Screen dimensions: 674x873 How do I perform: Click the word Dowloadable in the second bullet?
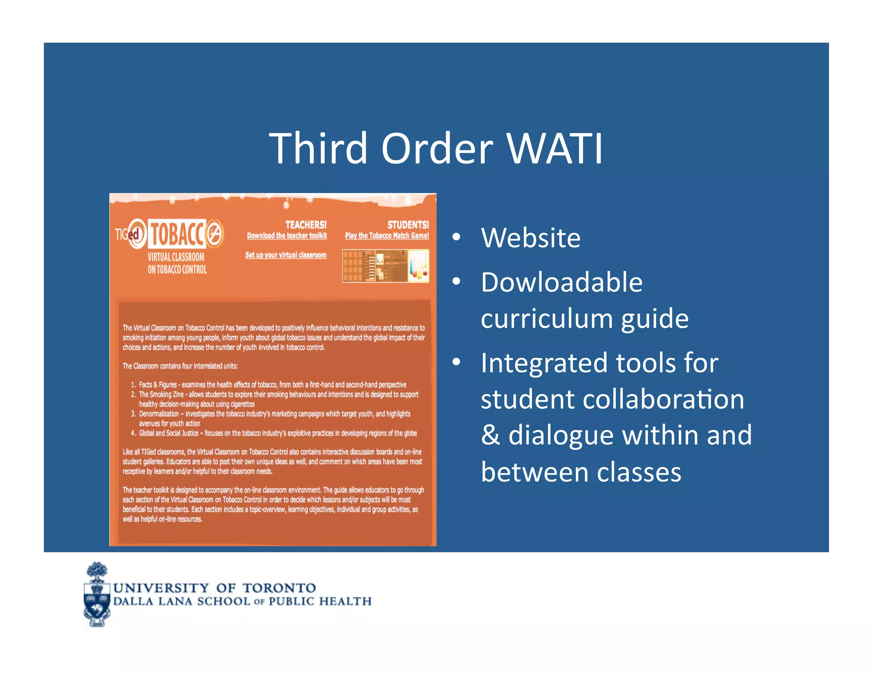[561, 282]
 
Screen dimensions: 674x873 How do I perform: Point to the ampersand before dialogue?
[490, 435]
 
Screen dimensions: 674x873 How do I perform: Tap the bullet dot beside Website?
[456, 237]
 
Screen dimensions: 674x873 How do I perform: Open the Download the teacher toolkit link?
[287, 236]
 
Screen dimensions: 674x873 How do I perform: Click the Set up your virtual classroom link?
[286, 255]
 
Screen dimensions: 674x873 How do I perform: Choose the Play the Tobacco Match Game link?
[387, 236]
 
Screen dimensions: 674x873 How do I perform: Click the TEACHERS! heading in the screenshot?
[306, 225]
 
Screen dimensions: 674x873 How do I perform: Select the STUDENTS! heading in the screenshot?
[408, 225]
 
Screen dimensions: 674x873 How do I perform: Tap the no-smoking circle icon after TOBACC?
[215, 233]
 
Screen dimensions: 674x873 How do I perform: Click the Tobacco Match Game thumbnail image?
[385, 266]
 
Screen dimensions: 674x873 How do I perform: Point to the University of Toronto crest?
[97, 595]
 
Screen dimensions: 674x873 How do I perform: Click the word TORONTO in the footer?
[279, 588]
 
